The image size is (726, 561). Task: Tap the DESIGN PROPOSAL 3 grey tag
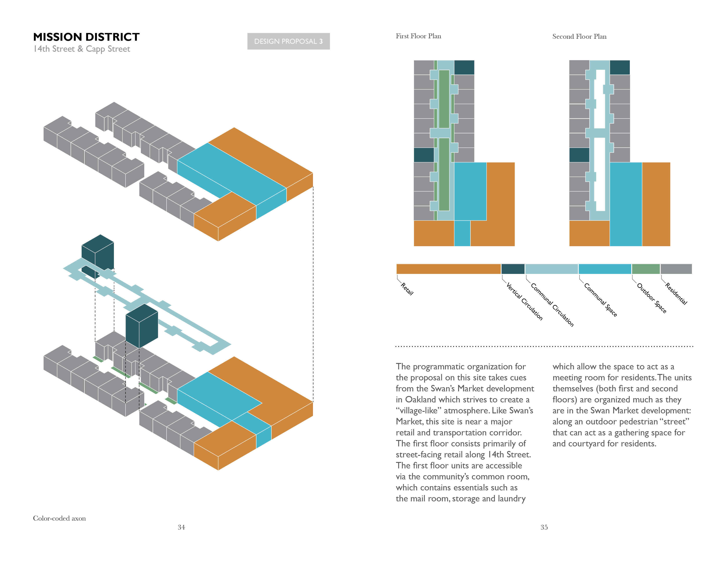[x=288, y=41]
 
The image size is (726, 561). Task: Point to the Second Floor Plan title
[x=579, y=36]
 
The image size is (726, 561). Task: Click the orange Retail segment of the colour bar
[x=448, y=269]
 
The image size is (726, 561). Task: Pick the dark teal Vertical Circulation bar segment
[x=513, y=269]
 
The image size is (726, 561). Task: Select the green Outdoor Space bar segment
[x=646, y=269]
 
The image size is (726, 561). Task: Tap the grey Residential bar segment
[x=676, y=269]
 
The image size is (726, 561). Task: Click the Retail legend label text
[x=407, y=289]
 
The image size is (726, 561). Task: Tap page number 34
[x=181, y=527]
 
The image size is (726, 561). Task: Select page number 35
[x=544, y=527]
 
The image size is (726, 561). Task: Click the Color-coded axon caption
[x=59, y=518]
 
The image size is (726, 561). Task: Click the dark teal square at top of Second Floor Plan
[x=620, y=68]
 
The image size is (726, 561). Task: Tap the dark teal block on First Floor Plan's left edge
[x=424, y=155]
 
